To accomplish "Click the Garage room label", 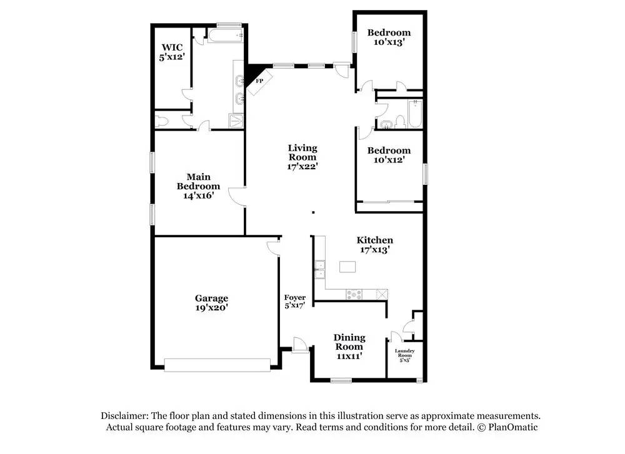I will coord(211,303).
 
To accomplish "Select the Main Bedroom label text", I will coord(198,186).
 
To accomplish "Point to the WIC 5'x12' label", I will coord(171,51).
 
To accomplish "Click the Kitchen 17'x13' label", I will coord(374,245).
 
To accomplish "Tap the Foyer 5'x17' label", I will coord(294,302).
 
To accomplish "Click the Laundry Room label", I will coord(404,355).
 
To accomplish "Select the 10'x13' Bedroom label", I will coord(389,37).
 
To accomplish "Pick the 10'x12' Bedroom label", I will coord(389,155).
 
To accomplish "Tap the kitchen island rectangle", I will coord(347,267).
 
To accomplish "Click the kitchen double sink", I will coord(319,269).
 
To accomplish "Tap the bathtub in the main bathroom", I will coord(224,36).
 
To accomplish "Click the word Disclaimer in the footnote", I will coord(123,416).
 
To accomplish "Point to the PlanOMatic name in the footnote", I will coord(512,427).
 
